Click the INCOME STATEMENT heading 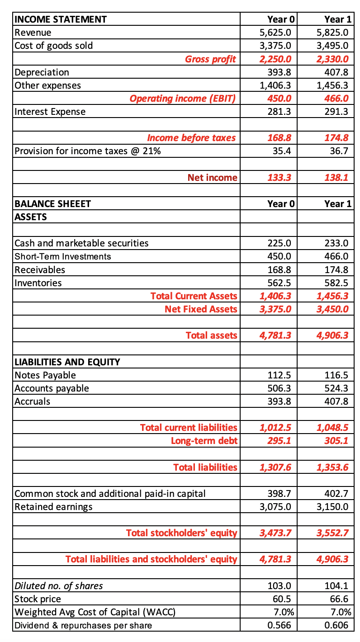click(x=61, y=19)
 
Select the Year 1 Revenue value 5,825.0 click(x=332, y=33)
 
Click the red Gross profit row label click(x=210, y=59)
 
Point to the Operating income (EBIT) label click(x=183, y=98)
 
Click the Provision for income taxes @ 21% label click(x=87, y=151)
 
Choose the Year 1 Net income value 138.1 click(x=336, y=178)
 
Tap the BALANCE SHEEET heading click(x=52, y=203)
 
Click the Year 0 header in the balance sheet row click(x=281, y=203)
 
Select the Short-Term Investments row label click(x=63, y=256)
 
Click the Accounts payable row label click(x=52, y=388)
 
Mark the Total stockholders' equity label click(x=181, y=533)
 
